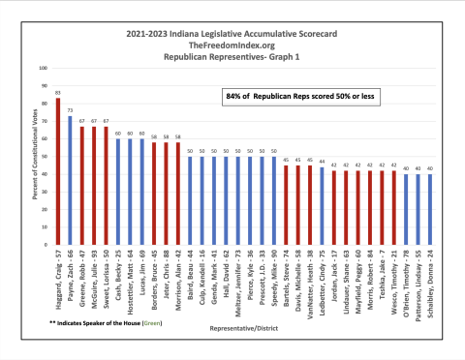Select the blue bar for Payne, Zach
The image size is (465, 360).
click(70, 178)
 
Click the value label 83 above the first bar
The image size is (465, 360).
click(58, 94)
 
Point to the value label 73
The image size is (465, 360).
click(70, 110)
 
